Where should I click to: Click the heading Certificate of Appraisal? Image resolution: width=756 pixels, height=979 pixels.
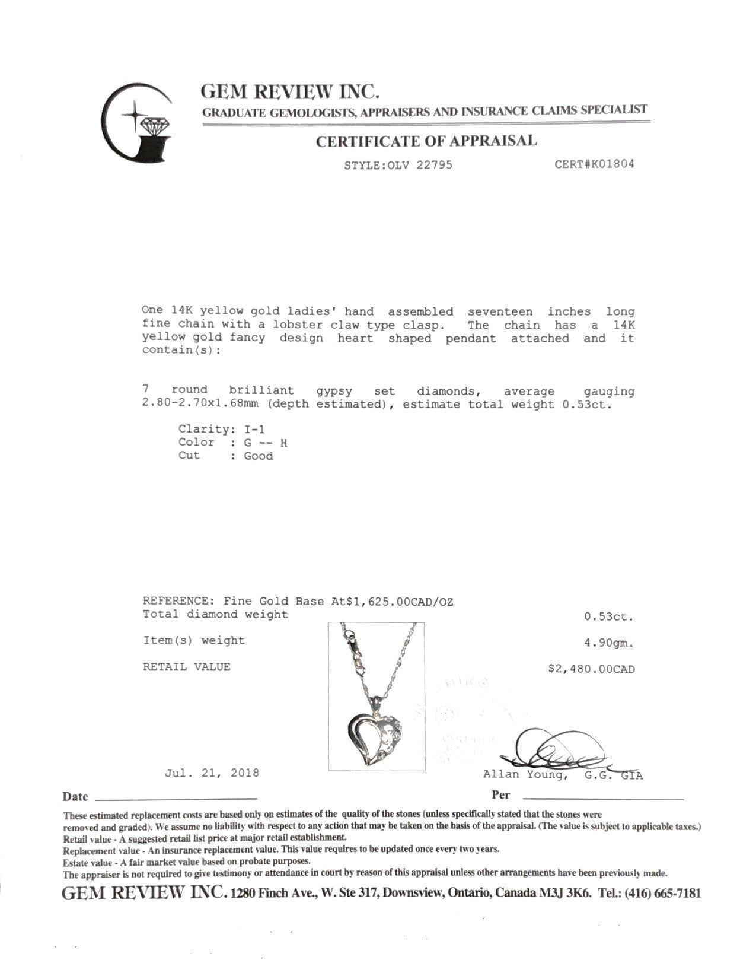[x=426, y=141]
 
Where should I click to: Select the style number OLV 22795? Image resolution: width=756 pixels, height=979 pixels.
[x=420, y=165]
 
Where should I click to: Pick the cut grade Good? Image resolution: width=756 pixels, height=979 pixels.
[x=258, y=456]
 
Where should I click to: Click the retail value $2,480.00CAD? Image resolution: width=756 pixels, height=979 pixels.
[x=591, y=669]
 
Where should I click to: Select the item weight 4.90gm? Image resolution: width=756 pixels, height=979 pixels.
[x=609, y=643]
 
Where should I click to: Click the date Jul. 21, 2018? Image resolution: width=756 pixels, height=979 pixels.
[x=212, y=773]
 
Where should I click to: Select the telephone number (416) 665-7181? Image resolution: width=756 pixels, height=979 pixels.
[x=662, y=893]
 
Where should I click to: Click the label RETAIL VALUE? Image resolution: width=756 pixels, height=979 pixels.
[x=186, y=667]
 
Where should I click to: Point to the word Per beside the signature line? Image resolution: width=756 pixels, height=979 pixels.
[x=500, y=795]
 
